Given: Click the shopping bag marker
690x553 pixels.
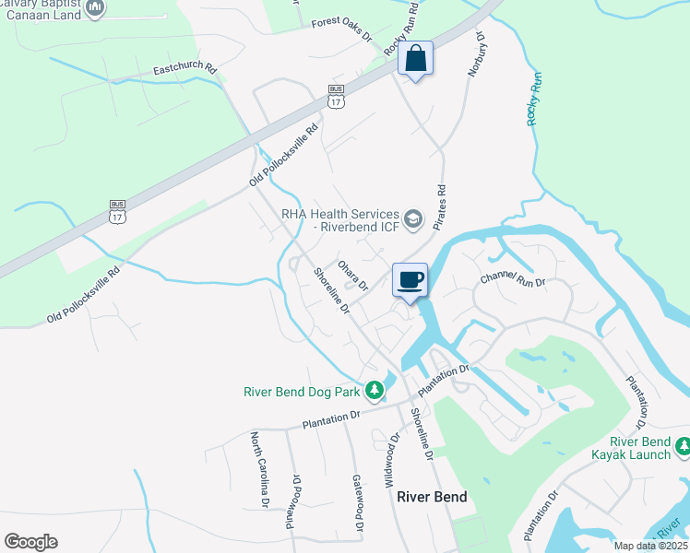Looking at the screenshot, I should (415, 60).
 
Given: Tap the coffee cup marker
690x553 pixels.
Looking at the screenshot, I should (410, 279).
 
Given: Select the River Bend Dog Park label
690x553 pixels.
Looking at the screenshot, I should (301, 392).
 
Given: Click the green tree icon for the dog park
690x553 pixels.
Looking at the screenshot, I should (374, 392).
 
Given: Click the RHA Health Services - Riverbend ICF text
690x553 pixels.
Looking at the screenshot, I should (340, 220).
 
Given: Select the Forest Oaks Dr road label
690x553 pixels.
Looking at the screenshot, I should (340, 29).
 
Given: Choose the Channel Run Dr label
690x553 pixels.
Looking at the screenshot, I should (513, 280).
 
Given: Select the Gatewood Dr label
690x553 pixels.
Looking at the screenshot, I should (357, 504).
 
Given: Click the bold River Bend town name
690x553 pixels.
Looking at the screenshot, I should (432, 497).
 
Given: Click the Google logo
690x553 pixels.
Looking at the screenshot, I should (30, 542).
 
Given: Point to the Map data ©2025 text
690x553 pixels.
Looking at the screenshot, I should (650, 546).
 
